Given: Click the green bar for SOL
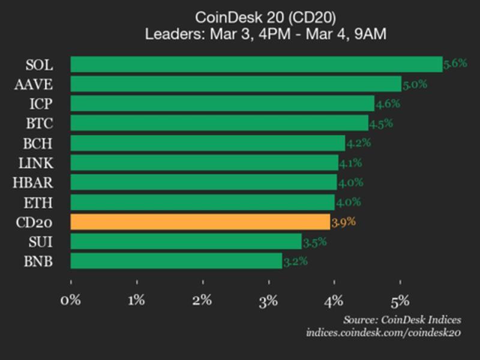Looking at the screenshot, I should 256,64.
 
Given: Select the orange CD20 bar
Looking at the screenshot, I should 200,222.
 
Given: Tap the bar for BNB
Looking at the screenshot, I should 176,261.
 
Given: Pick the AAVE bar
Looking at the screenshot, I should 236,84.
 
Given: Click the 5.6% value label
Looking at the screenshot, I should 455,63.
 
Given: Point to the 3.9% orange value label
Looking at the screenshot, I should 344,222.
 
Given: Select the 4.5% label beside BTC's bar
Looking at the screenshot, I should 380,124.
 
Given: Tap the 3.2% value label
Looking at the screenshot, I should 295,261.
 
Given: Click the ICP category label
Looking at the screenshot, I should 41,104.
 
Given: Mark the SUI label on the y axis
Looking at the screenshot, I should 40,242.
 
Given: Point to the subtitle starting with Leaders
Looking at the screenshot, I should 265,34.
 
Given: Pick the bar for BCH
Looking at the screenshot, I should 208,143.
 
